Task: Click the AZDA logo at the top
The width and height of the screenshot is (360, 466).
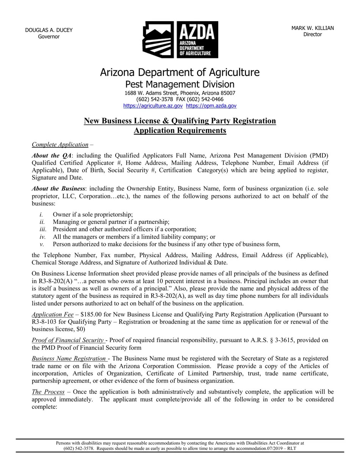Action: [x=180, y=39]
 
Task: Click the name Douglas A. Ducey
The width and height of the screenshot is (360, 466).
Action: [x=49, y=30]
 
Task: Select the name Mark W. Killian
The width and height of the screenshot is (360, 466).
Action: [x=312, y=28]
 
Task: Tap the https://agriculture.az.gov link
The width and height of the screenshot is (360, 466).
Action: [x=153, y=106]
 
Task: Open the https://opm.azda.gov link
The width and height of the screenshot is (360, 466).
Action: [x=211, y=106]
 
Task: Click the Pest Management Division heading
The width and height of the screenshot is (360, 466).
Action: [x=180, y=84]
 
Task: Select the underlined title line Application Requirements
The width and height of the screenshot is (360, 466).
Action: [x=180, y=131]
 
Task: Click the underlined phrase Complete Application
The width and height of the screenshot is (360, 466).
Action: [x=60, y=144]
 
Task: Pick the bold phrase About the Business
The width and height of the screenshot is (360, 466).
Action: [x=58, y=189]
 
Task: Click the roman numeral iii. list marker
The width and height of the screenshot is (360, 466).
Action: [x=43, y=229]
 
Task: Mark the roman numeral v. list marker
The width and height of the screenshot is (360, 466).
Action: [x=42, y=244]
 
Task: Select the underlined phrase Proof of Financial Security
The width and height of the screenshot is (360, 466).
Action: [x=68, y=340]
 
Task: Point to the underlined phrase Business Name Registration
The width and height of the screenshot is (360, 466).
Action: [x=69, y=358]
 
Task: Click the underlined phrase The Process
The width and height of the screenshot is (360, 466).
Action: [x=48, y=392]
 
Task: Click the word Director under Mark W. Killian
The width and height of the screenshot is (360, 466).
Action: [x=312, y=34]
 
